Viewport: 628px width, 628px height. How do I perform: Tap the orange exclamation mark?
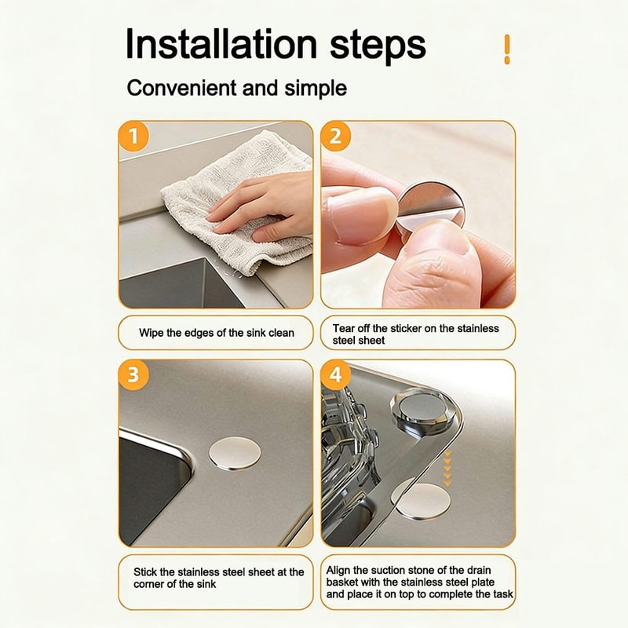coord(507,49)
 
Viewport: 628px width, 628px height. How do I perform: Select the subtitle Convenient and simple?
coord(236,88)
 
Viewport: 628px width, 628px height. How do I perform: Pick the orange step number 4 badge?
coord(336,374)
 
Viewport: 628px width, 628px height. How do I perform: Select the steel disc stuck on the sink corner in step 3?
coord(236,454)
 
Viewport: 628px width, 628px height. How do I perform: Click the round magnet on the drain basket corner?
coord(417,413)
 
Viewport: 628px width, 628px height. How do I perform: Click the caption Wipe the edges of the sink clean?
coord(217,333)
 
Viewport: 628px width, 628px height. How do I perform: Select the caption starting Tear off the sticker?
coord(418,334)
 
